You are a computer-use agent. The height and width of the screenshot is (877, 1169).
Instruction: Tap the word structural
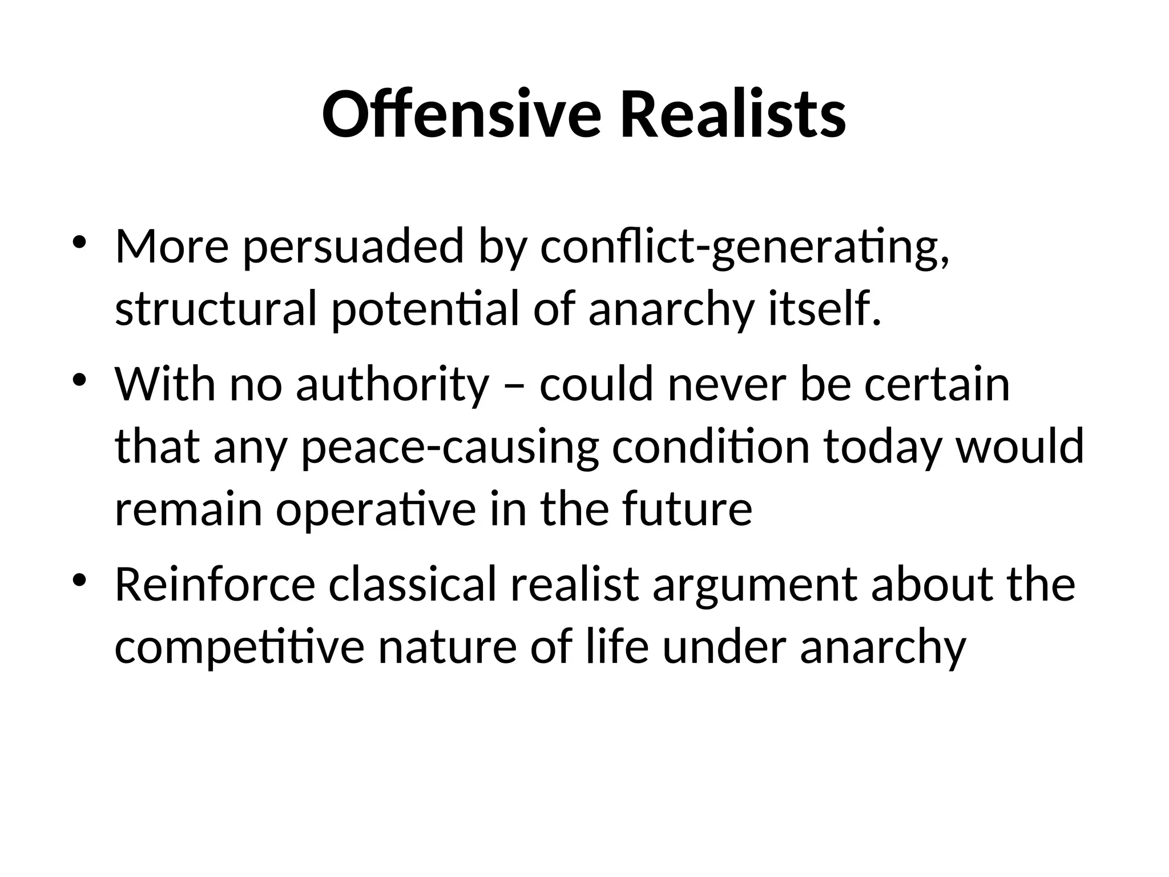pyautogui.click(x=216, y=309)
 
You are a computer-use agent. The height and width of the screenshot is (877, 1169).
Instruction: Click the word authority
pyautogui.click(x=392, y=385)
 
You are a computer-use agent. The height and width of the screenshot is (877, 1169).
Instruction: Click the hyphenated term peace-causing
pyautogui.click(x=450, y=448)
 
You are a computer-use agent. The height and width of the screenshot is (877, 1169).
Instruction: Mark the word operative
pyautogui.click(x=376, y=509)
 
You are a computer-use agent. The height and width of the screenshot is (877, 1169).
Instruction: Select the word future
pyautogui.click(x=687, y=509)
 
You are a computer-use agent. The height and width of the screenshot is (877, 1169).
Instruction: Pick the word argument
pyautogui.click(x=755, y=586)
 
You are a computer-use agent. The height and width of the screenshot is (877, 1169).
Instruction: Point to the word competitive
pyautogui.click(x=239, y=649)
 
